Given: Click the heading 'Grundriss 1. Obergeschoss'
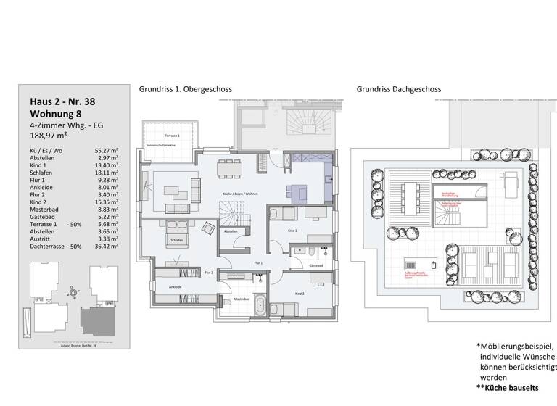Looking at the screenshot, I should (x=185, y=89).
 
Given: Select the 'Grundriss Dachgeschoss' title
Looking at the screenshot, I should (x=398, y=89).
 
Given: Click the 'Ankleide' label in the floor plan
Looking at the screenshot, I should (x=176, y=287).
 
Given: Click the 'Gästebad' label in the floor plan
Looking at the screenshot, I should (x=315, y=267).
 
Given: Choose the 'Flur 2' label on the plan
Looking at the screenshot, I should (x=208, y=272).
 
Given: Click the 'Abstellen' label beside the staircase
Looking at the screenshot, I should (x=231, y=232).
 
